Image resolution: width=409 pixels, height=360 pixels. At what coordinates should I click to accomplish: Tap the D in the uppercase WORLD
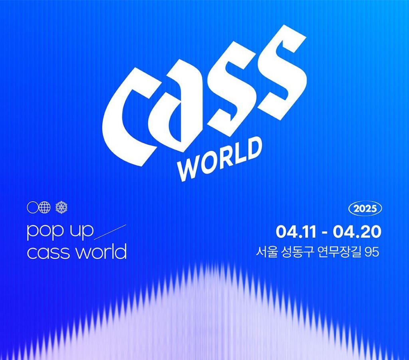(253, 148)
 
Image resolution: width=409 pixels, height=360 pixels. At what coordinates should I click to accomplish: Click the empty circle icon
(32, 208)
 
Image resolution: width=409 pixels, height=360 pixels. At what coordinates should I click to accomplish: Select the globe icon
(45, 208)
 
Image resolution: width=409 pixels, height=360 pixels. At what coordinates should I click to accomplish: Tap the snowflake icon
(62, 208)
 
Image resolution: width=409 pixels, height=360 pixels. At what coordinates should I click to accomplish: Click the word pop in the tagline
(44, 231)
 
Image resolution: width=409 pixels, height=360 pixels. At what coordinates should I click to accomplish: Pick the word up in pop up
(80, 231)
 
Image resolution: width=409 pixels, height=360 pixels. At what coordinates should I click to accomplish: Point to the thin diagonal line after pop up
(110, 232)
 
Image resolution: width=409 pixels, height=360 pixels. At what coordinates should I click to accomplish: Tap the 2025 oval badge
(365, 209)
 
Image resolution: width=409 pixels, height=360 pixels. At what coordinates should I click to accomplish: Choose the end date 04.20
(357, 232)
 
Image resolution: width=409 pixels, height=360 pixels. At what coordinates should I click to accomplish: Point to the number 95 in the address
(373, 252)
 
